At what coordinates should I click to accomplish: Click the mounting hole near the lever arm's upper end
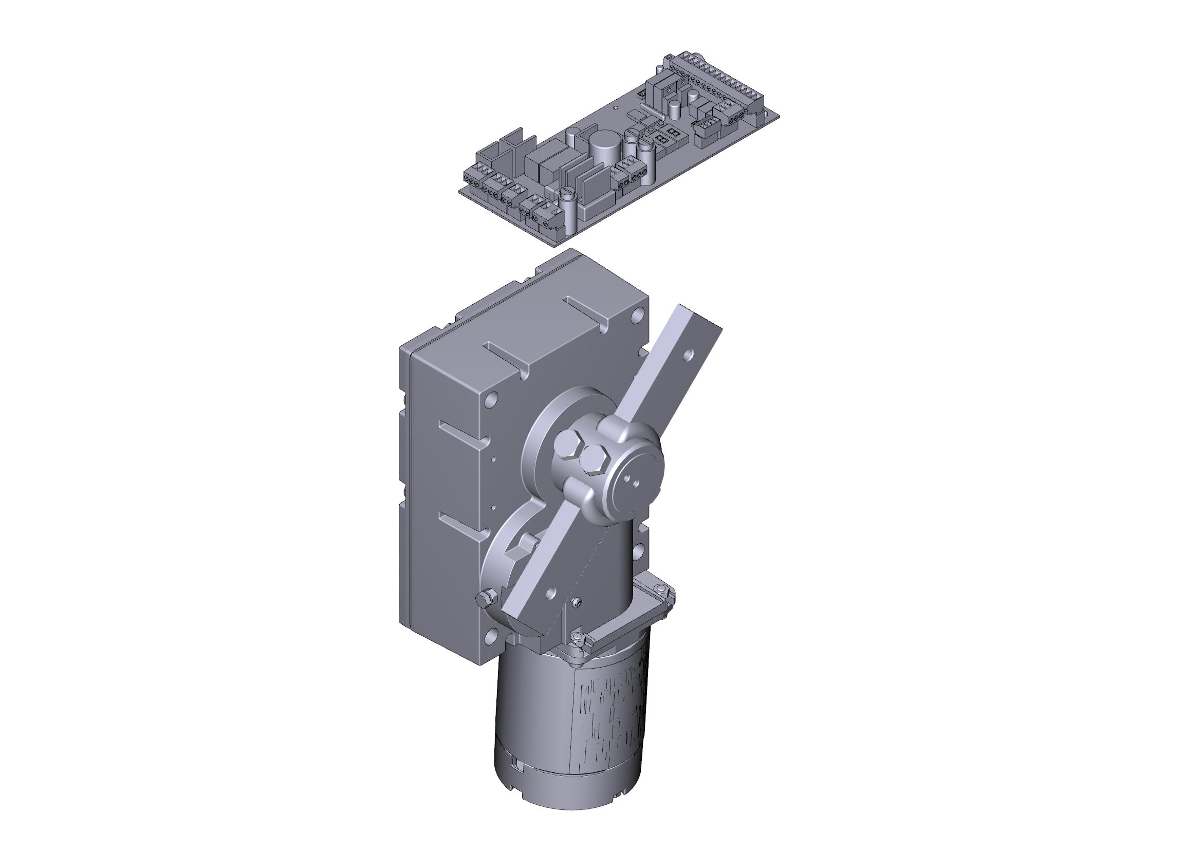coord(690,355)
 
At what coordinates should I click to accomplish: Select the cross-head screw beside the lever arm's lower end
coord(577,603)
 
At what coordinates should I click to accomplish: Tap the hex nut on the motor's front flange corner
coord(577,637)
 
